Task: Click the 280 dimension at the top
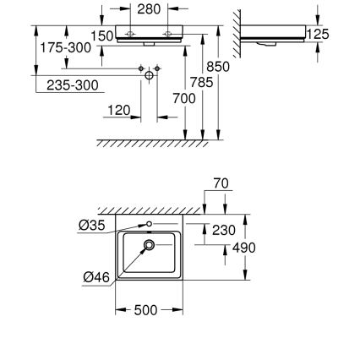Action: coord(149,9)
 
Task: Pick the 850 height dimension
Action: coord(218,66)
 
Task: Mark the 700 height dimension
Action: coord(183,99)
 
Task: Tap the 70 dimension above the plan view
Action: coord(221,183)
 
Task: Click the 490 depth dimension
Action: coord(243,248)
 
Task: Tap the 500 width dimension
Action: coord(147,311)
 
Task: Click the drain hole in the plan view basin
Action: coord(150,246)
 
